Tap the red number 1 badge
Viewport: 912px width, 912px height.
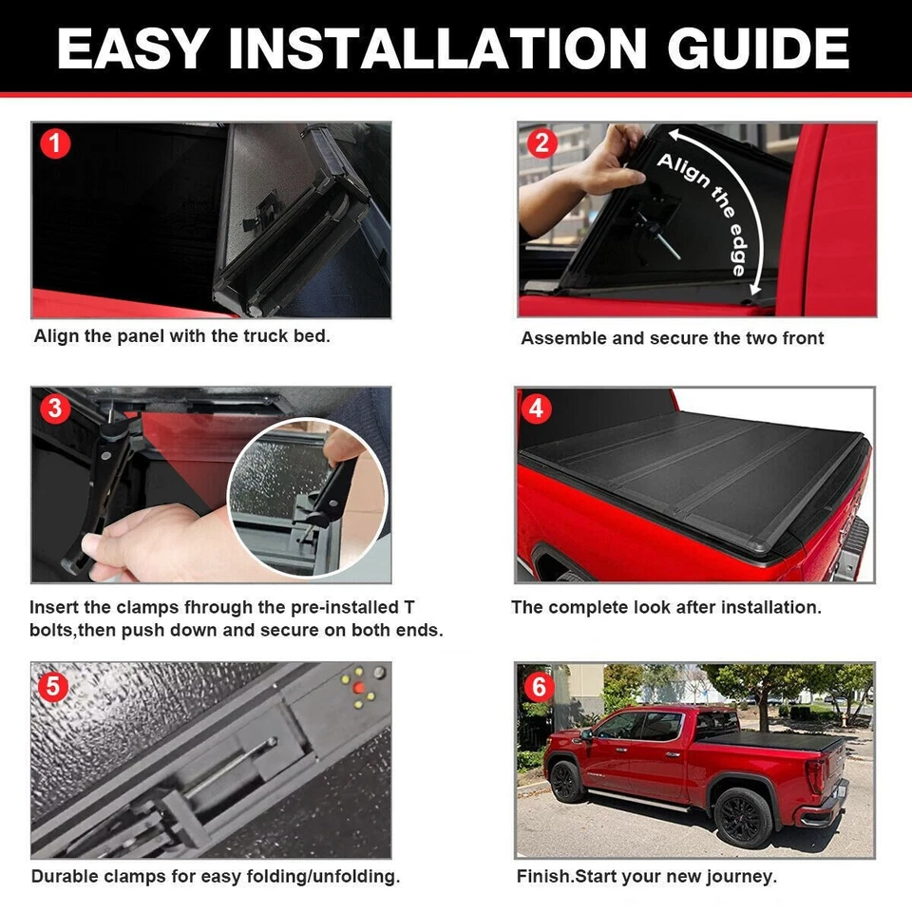point(55,144)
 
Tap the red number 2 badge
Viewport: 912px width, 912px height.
point(542,144)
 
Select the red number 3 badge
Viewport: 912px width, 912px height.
point(55,408)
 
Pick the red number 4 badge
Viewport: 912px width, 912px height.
point(538,408)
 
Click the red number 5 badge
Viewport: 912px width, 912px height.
point(53,686)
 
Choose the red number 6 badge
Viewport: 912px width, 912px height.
point(539,686)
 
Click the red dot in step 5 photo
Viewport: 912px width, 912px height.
point(359,686)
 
